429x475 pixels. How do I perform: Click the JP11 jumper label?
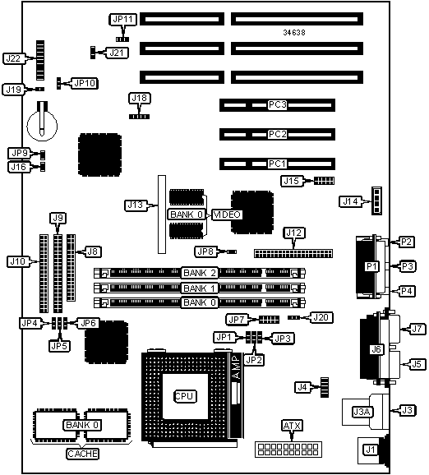[122, 20]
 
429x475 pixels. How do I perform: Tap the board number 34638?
[294, 32]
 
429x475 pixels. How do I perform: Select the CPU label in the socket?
[186, 396]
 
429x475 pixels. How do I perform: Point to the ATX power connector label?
[292, 426]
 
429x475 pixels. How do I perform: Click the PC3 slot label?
[277, 105]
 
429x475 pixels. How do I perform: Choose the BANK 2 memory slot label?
[200, 273]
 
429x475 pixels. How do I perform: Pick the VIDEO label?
[227, 214]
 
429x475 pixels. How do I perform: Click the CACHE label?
[82, 454]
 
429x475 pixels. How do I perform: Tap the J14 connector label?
[351, 201]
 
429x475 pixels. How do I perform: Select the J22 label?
[13, 58]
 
